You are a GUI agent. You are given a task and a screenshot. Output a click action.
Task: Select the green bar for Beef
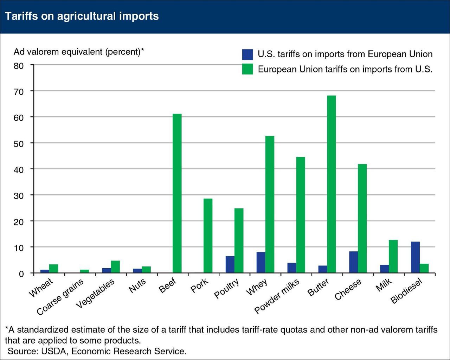click(x=177, y=193)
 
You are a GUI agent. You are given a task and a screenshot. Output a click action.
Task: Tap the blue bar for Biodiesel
click(x=415, y=257)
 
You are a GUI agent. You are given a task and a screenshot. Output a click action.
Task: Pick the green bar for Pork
click(x=208, y=236)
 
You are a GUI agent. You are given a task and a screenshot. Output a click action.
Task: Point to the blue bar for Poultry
click(x=230, y=264)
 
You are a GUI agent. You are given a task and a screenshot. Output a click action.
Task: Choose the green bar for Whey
click(x=270, y=204)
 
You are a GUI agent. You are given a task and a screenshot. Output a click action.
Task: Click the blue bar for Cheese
click(x=353, y=262)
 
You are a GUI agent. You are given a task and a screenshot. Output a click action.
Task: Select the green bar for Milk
click(x=393, y=256)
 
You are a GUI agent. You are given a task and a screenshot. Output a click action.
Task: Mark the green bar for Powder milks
click(x=301, y=215)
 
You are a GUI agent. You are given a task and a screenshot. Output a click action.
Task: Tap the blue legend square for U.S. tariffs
click(x=247, y=54)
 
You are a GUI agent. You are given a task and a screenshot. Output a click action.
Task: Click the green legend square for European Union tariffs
click(x=247, y=69)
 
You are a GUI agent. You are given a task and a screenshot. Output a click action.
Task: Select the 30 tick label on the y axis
click(x=19, y=195)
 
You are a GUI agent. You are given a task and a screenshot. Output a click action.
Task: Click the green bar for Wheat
click(x=53, y=269)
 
